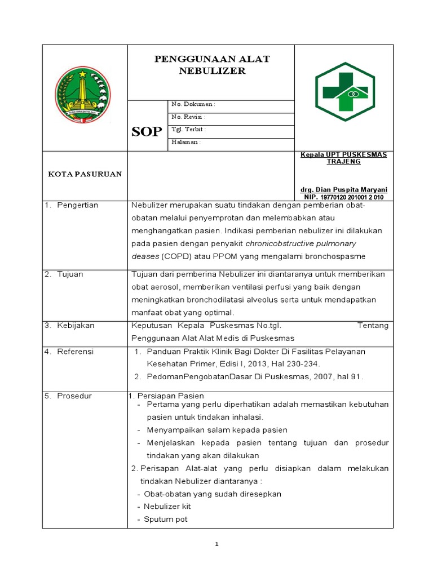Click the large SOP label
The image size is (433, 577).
click(147, 132)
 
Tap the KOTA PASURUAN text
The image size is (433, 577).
click(85, 174)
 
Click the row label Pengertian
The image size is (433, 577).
click(77, 205)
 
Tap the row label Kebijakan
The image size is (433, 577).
click(76, 326)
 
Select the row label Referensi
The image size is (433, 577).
click(76, 352)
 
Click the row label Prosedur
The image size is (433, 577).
click(74, 396)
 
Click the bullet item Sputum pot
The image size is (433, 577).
click(165, 519)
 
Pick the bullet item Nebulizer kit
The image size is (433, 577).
click(167, 507)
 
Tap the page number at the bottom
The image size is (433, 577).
click(216, 544)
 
